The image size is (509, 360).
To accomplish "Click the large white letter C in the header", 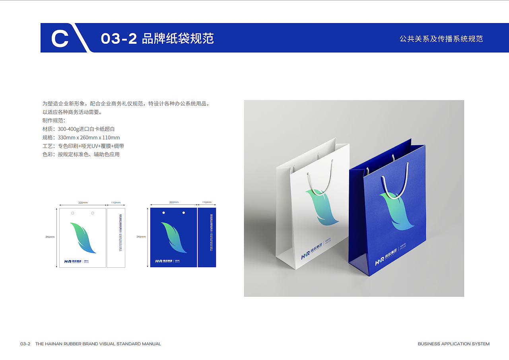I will pyautogui.click(x=60, y=39).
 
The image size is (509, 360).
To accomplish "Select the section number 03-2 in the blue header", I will pyautogui.click(x=119, y=39).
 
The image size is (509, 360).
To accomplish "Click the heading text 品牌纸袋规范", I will pyautogui.click(x=178, y=39).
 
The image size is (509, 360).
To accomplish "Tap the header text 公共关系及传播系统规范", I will pyautogui.click(x=441, y=39).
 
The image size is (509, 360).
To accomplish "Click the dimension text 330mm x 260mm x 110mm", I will pyautogui.click(x=89, y=138).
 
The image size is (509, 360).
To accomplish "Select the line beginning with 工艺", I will pyautogui.click(x=83, y=146).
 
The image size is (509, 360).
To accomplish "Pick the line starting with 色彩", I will pyautogui.click(x=81, y=154).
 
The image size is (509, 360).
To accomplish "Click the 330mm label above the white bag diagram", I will pyautogui.click(x=83, y=203).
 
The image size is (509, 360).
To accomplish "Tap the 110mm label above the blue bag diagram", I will pyautogui.click(x=206, y=202).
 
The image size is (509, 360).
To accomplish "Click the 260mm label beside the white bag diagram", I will pyautogui.click(x=50, y=237).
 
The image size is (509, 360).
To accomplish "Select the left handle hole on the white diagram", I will pyautogui.click(x=72, y=213).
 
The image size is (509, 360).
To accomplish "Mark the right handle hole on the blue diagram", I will pyautogui.click(x=183, y=213).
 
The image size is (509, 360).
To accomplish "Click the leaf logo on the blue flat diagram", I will pyautogui.click(x=174, y=237).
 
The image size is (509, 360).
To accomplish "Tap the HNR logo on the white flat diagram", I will pyautogui.click(x=73, y=261).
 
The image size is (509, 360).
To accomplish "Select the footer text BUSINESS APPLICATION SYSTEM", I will pyautogui.click(x=453, y=344).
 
